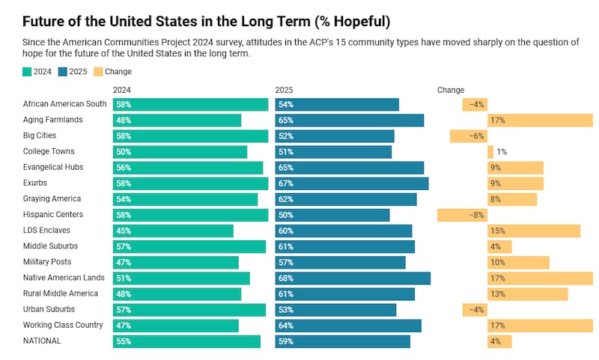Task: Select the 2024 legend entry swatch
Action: coord(27,72)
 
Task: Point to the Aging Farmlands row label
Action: coord(52,120)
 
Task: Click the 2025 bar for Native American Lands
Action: coord(353,278)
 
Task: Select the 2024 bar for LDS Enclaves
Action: coord(173,231)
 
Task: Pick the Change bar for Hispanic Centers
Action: coord(462,216)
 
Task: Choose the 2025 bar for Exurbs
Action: coord(352,183)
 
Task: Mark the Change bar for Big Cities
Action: coord(469,136)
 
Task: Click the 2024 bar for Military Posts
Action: coord(175,263)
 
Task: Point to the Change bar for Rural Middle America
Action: coord(528,294)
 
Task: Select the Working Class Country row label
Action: coord(63,326)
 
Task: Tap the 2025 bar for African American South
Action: coord(337,104)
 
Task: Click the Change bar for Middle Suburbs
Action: coord(499,247)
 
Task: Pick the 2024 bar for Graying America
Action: coord(185,199)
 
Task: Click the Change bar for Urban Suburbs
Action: coord(475,310)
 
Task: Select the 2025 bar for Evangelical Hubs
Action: coord(350,168)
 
